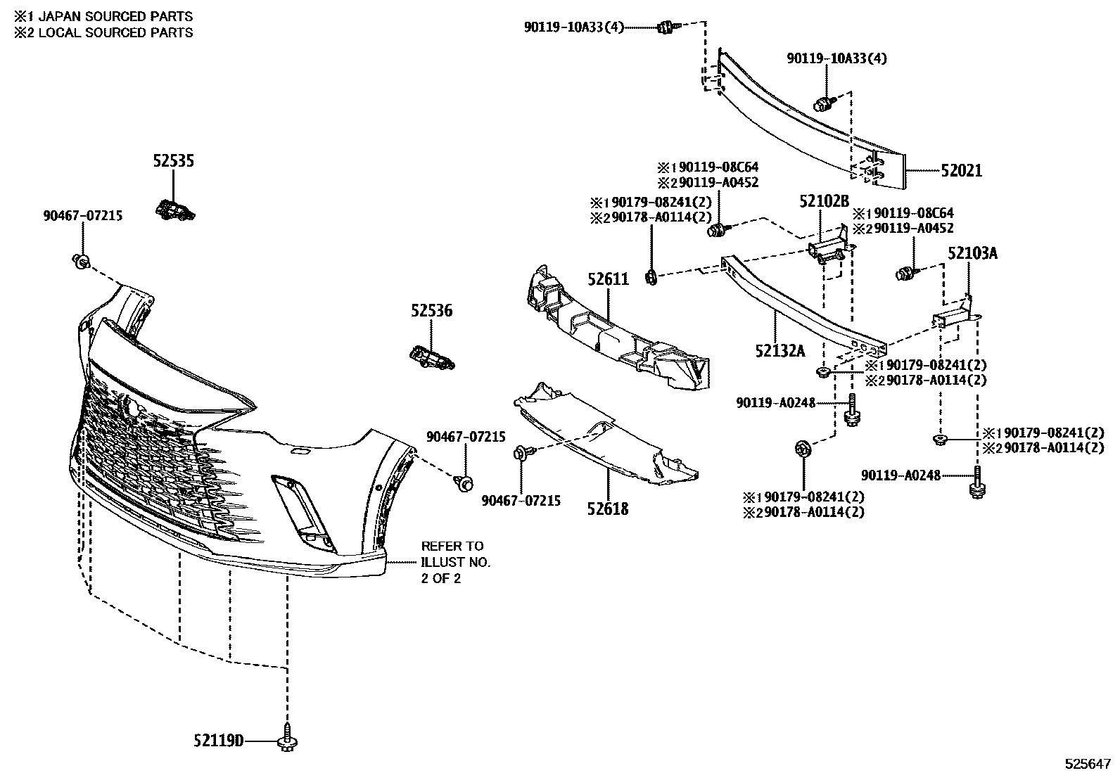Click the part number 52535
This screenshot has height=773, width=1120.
click(x=174, y=161)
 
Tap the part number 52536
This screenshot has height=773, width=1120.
click(x=432, y=310)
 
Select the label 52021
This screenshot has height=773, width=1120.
click(x=961, y=171)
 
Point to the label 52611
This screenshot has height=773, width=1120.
click(x=608, y=279)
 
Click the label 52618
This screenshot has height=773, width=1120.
click(x=608, y=508)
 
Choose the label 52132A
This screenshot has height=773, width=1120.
click(x=779, y=350)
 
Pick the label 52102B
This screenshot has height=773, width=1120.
click(x=824, y=202)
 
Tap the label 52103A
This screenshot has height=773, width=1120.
click(x=972, y=253)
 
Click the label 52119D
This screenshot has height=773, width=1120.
click(x=219, y=741)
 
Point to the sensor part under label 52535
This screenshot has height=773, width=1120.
click(x=174, y=209)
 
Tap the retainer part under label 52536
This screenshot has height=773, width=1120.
click(x=431, y=357)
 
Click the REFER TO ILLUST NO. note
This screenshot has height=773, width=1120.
click(x=455, y=562)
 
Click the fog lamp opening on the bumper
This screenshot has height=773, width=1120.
click(x=298, y=506)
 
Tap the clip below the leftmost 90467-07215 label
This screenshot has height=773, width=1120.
click(x=81, y=262)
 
